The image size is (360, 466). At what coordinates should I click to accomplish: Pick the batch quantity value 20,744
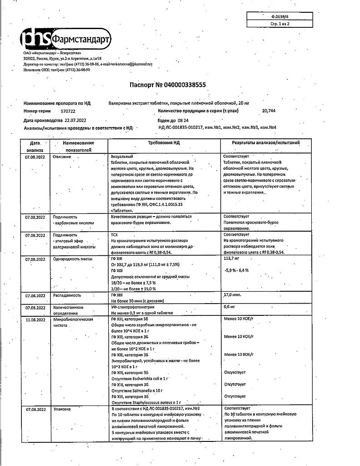pos(269,111)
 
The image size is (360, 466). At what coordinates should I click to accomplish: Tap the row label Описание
pos(62,157)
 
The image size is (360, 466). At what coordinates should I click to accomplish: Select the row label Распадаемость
pos(67,295)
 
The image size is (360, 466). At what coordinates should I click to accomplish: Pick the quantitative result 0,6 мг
pos(230,307)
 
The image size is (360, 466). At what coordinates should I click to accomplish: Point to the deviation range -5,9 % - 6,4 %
pos(240,270)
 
